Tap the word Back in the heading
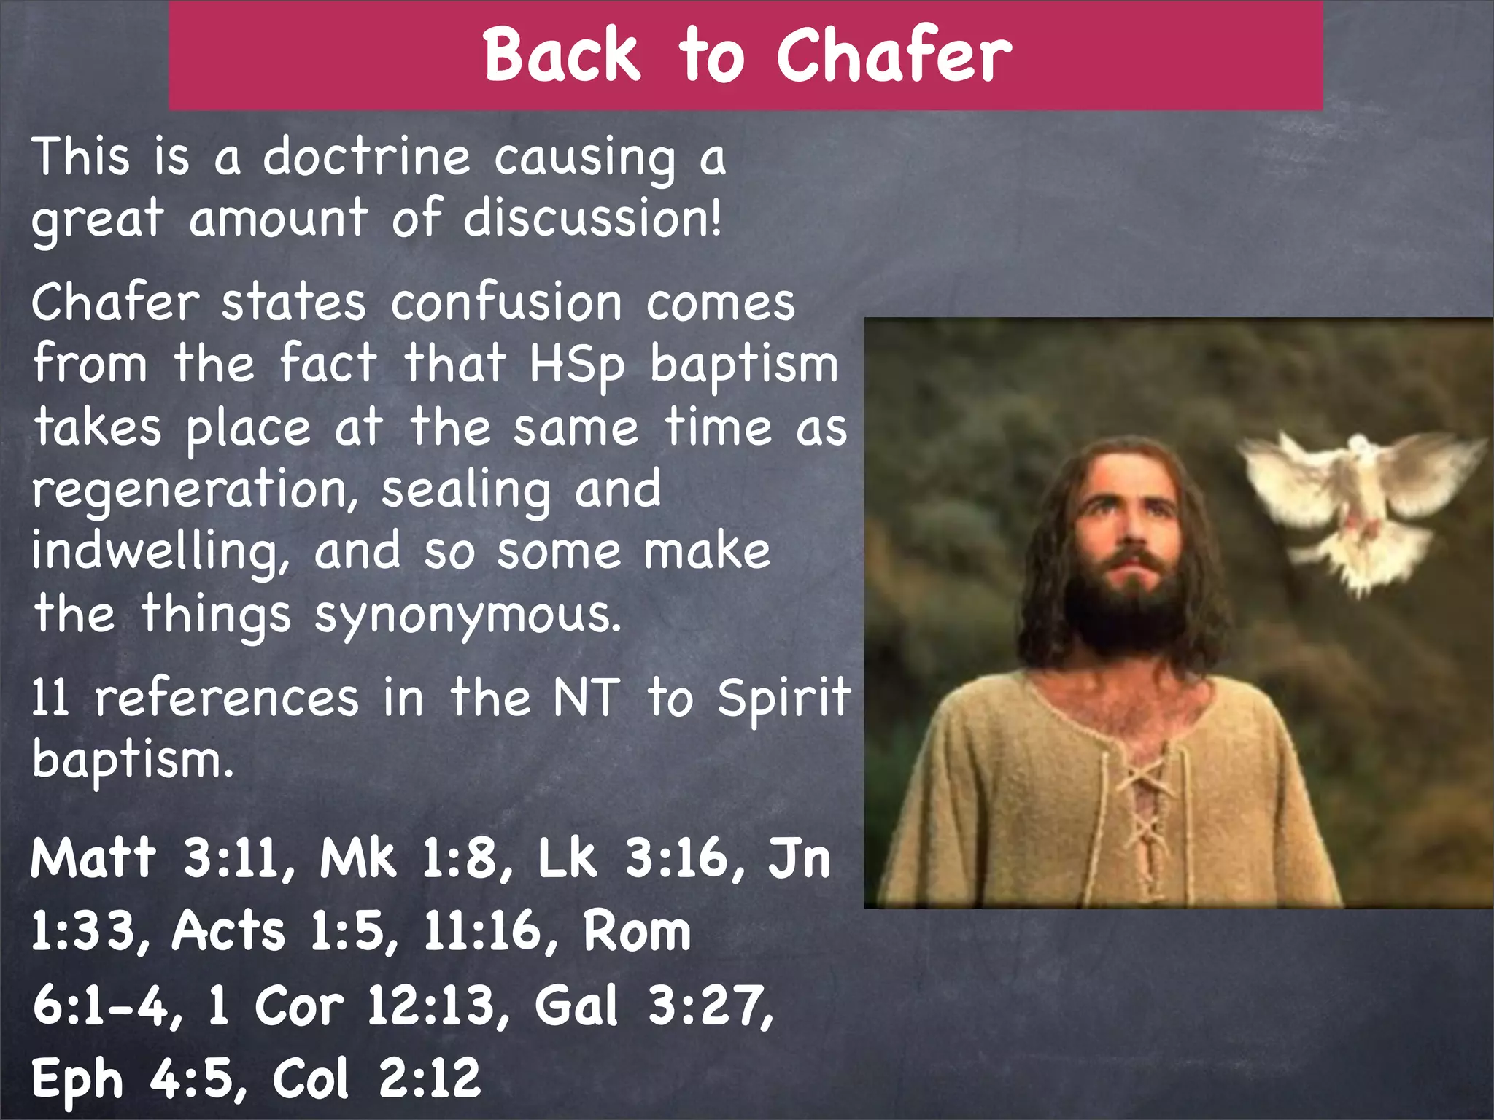point(562,55)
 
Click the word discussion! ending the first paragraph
point(592,218)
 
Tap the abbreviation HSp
point(576,365)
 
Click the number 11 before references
point(51,698)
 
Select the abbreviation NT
point(586,698)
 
